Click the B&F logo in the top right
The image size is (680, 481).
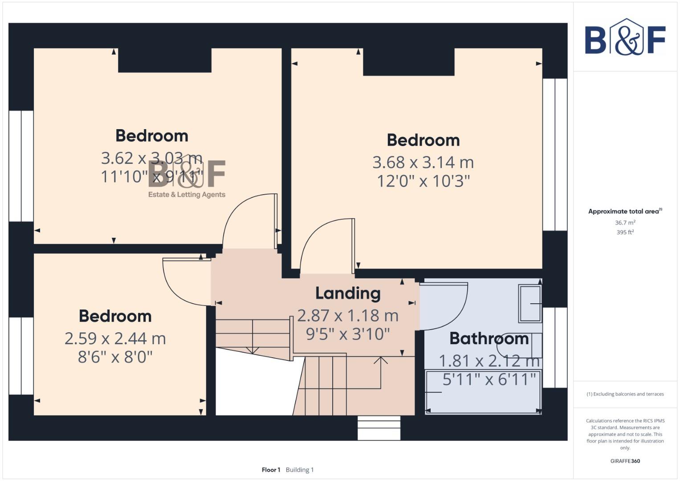(x=625, y=37)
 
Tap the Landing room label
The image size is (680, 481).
(x=348, y=293)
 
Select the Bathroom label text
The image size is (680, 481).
(x=489, y=338)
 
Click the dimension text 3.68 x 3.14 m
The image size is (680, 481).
(x=423, y=163)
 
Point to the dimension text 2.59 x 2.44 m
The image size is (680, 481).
(x=115, y=339)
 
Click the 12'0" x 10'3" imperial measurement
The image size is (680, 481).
(x=423, y=181)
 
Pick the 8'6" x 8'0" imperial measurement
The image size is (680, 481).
(x=115, y=357)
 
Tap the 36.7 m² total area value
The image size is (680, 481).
(x=625, y=223)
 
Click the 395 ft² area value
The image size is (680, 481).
(x=625, y=232)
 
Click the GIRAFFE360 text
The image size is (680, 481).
(x=625, y=461)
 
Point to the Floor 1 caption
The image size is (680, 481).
(x=271, y=470)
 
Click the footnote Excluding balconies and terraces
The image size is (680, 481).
(x=625, y=394)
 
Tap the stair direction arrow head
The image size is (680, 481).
(x=380, y=359)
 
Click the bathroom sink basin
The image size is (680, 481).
(x=530, y=304)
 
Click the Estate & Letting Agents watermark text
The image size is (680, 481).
(x=187, y=195)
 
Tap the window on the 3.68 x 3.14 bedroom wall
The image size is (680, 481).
(x=555, y=155)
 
